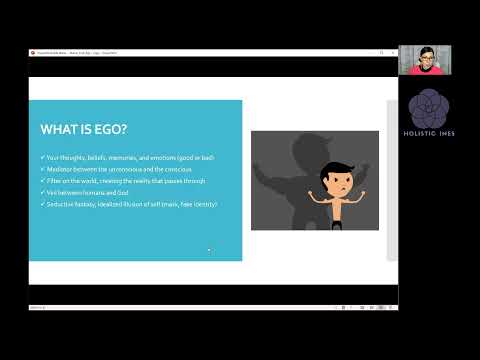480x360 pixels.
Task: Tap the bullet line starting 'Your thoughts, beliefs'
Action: pos(124,158)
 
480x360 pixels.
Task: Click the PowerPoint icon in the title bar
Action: pos(34,53)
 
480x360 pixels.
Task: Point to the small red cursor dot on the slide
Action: pos(208,250)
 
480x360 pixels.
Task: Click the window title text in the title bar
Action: pos(80,53)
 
